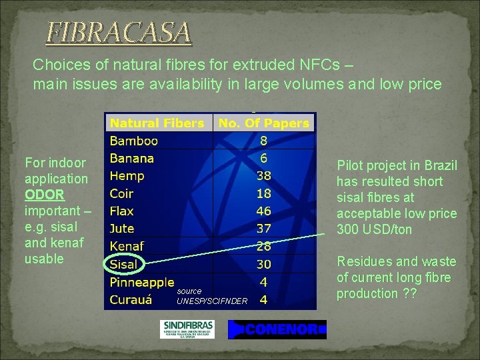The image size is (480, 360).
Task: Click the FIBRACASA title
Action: point(118,33)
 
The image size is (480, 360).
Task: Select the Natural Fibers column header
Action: point(157,123)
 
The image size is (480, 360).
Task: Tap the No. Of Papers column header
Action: point(263,123)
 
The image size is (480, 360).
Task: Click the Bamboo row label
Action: point(133,141)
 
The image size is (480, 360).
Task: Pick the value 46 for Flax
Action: point(263,211)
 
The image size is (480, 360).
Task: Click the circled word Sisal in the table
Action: point(123,264)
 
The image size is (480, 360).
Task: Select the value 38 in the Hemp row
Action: point(263,176)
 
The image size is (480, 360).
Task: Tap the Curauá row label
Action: point(131,299)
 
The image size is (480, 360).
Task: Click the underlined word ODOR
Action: point(45,195)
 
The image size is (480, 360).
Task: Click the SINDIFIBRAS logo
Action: point(187,329)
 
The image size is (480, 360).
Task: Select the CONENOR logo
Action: point(277,329)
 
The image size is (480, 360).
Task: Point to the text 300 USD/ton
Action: point(374,230)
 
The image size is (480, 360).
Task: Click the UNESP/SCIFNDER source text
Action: point(212,301)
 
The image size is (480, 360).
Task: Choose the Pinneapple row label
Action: point(142,282)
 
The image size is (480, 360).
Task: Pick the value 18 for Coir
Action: point(263,193)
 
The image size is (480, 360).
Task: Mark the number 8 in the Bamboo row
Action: point(263,141)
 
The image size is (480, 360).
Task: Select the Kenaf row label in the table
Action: point(126,247)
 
